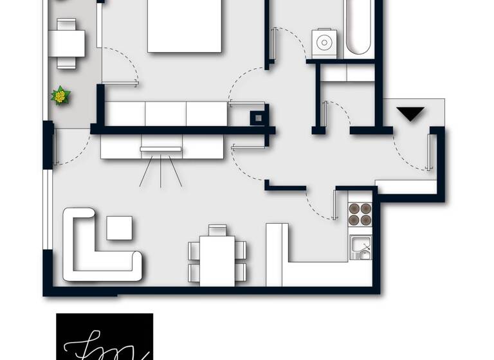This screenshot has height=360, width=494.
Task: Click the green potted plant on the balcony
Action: click(60, 96)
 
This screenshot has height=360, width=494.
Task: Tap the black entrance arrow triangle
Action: click(410, 114)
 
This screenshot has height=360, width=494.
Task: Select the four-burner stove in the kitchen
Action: click(360, 213)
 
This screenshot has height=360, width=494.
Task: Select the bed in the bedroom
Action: click(185, 26)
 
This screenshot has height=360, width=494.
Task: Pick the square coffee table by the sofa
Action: click(119, 228)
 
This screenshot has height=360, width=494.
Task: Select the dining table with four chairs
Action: click(217, 259)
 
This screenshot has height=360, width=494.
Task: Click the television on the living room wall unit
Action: click(160, 149)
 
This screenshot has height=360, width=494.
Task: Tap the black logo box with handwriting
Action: click(104, 336)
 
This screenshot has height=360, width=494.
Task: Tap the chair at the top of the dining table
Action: click(217, 230)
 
